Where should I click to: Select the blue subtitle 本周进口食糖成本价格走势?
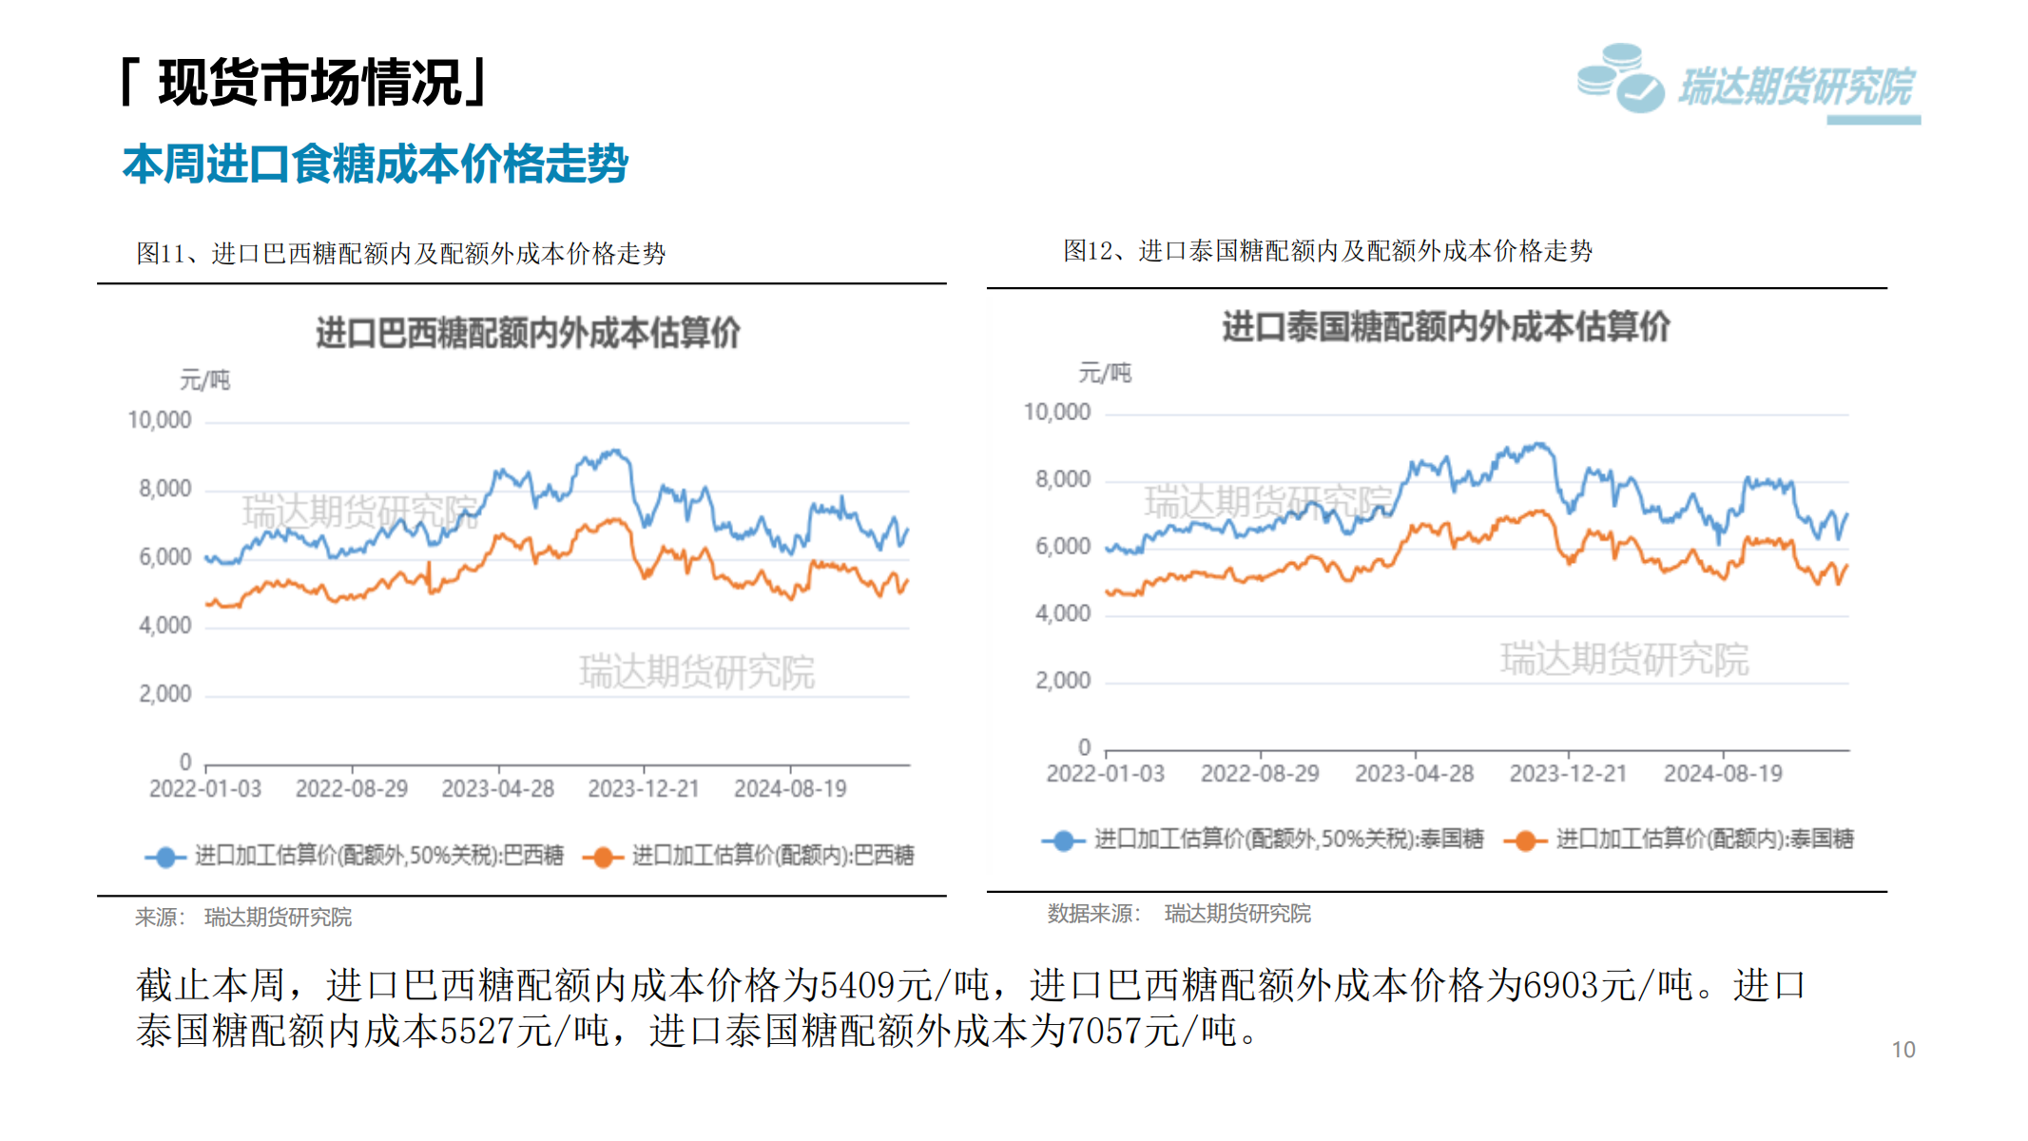375,164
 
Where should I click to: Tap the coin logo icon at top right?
1620,78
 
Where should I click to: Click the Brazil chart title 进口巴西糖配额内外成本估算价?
528,333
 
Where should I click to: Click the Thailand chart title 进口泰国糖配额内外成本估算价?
1445,326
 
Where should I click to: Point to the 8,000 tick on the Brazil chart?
164,489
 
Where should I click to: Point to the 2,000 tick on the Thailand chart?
1062,681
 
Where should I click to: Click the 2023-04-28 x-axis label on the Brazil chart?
497,789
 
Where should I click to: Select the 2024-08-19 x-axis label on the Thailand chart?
1722,774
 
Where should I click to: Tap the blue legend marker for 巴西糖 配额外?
165,857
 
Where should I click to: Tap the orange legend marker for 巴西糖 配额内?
602,857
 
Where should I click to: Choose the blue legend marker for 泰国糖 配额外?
1063,841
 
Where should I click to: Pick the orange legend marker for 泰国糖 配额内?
1525,841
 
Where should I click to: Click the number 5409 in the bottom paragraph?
857,985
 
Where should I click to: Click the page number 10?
1902,1050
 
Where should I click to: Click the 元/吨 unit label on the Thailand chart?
1104,373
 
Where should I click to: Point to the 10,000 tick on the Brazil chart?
159,420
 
